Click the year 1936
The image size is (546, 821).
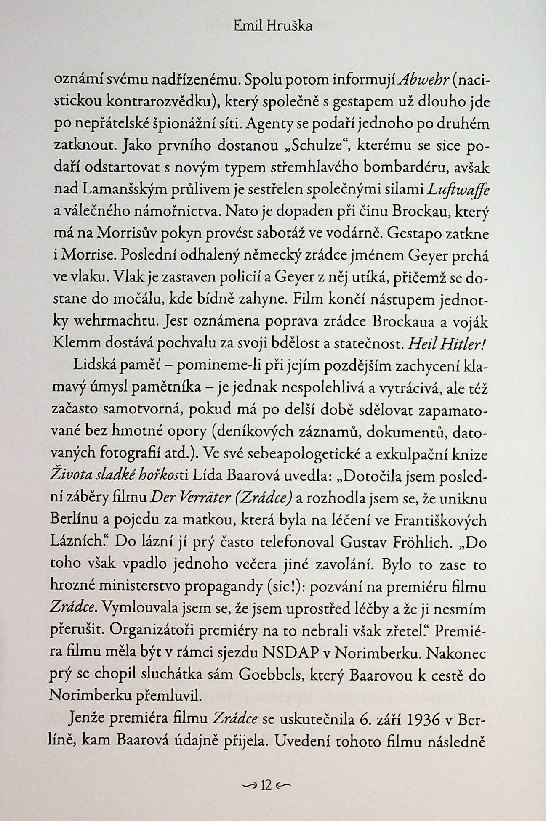coord(424,719)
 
